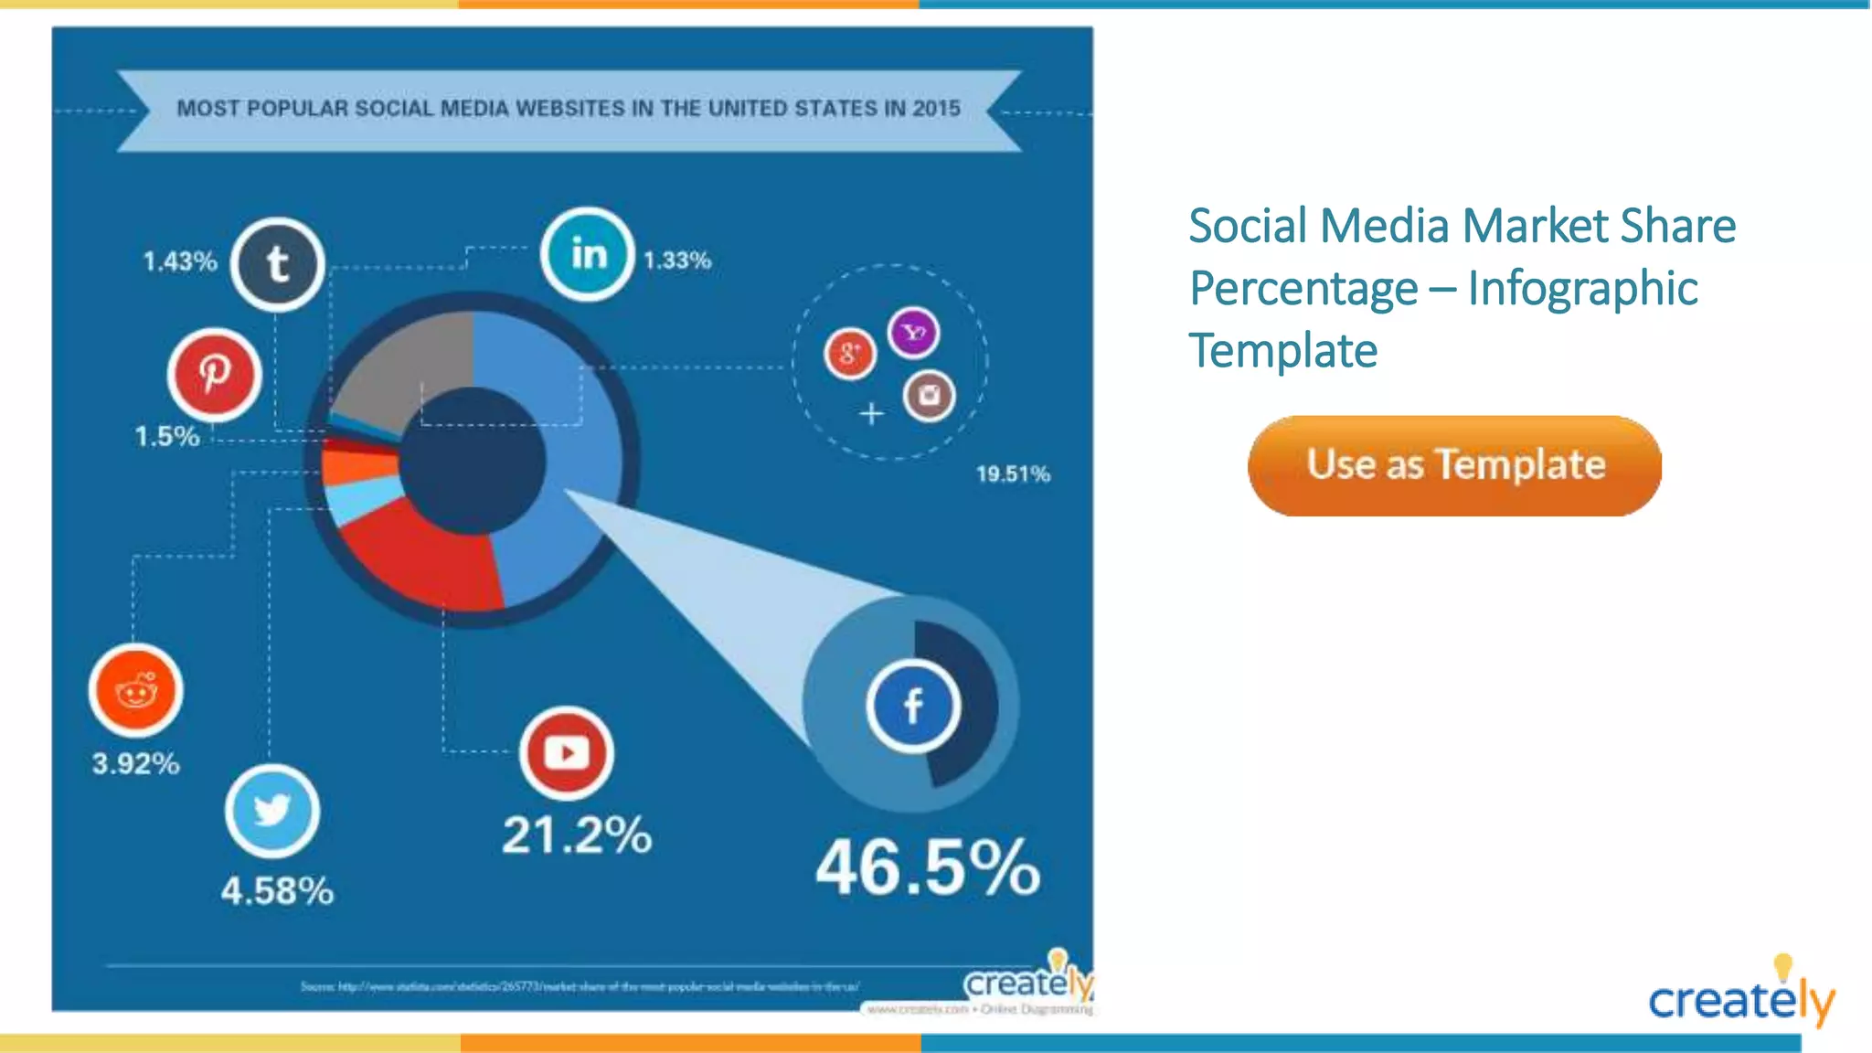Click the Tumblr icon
coord(278,265)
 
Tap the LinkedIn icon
coord(588,254)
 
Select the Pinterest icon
coord(215,374)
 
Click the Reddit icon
coord(136,691)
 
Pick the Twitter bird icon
coord(272,811)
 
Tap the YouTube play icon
coord(567,753)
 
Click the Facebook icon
coord(913,706)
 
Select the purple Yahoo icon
coord(914,333)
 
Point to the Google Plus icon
coord(850,353)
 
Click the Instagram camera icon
coord(929,396)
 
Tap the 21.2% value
coord(577,835)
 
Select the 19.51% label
coord(1013,474)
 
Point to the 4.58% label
coord(277,891)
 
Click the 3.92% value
coord(136,763)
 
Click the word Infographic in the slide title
coord(1582,289)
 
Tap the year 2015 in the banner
coord(936,109)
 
